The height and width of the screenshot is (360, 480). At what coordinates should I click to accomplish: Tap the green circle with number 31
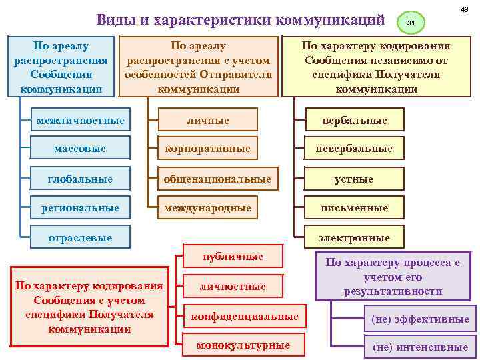click(x=411, y=24)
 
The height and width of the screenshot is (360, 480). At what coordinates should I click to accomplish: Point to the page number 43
click(x=465, y=7)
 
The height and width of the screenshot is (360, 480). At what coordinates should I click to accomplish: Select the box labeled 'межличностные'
click(x=80, y=121)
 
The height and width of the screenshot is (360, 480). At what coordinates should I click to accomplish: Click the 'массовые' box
click(x=80, y=148)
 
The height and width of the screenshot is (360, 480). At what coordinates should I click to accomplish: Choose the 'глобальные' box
click(x=80, y=179)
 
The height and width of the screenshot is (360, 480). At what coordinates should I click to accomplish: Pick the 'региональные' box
click(x=80, y=208)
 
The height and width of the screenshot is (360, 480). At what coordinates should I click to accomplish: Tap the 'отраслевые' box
click(x=80, y=237)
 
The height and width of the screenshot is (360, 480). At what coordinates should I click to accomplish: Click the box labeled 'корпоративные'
click(x=208, y=148)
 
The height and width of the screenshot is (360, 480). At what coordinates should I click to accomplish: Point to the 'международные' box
click(x=208, y=208)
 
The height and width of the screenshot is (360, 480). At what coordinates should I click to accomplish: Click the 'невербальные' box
click(x=354, y=148)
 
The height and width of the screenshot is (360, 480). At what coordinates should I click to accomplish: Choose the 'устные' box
click(x=354, y=179)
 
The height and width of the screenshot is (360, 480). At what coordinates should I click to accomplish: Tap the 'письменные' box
click(x=354, y=208)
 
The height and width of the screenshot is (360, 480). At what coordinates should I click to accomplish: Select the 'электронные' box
click(x=354, y=237)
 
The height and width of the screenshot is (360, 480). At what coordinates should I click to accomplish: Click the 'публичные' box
click(x=233, y=257)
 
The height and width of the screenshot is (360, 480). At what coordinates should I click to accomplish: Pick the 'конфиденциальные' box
click(x=244, y=316)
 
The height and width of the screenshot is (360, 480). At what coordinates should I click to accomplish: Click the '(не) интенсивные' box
click(x=420, y=347)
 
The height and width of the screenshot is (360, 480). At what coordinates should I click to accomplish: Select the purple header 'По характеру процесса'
click(x=393, y=276)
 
